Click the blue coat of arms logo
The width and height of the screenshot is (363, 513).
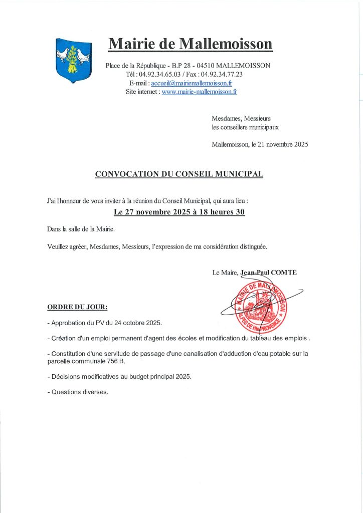point(74,60)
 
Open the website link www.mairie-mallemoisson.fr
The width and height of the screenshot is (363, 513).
point(199,92)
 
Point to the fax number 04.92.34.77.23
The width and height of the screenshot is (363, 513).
point(222,74)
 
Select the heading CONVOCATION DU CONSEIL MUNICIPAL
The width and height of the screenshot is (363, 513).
point(179,174)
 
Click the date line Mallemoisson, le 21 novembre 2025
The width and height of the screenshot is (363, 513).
point(260,145)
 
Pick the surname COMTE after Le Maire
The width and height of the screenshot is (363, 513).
point(284,273)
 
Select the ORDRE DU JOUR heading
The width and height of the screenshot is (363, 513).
point(77,306)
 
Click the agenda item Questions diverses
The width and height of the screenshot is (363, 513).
point(80,392)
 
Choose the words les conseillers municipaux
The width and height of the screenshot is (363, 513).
point(245,127)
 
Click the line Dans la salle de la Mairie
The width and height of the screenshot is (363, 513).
point(80,229)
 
